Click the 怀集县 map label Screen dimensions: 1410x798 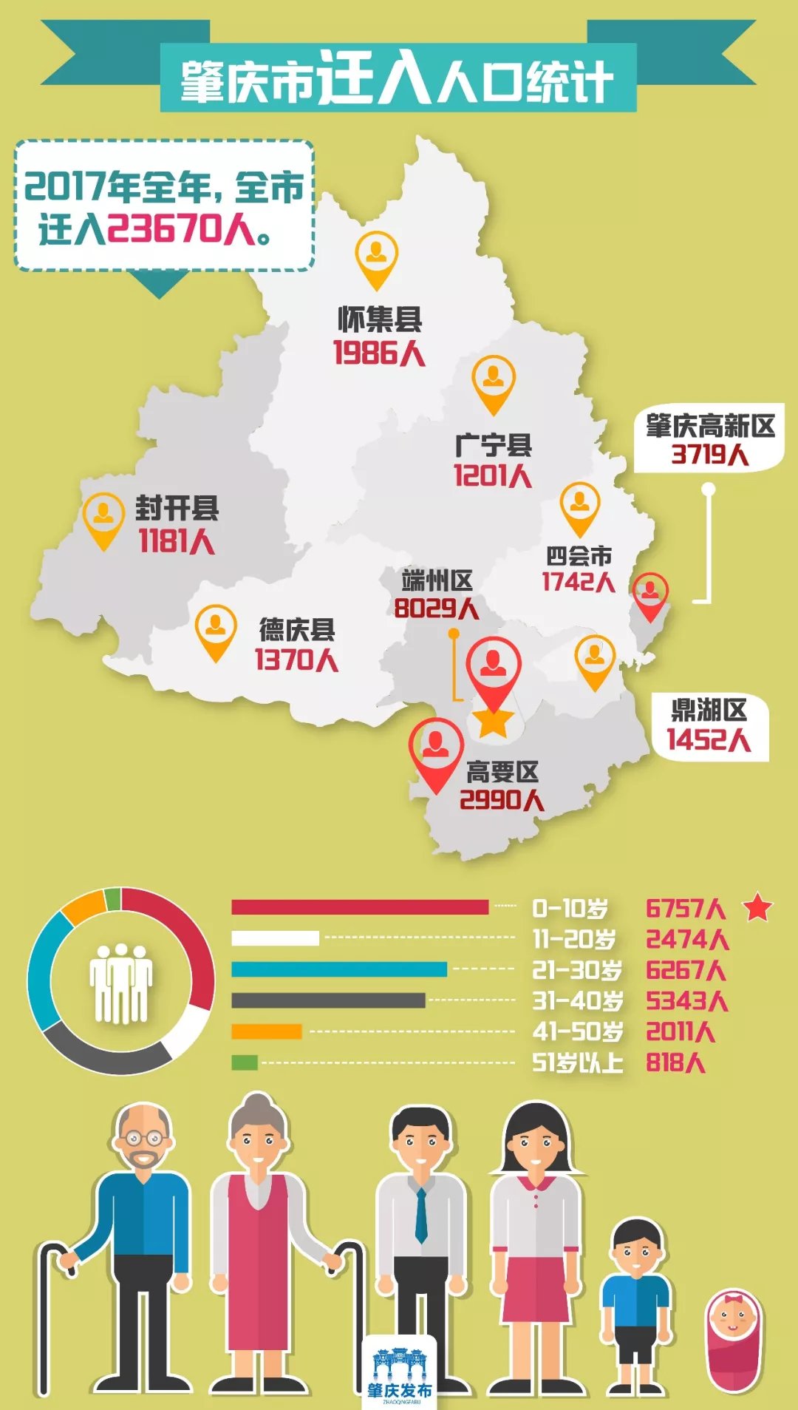(380, 319)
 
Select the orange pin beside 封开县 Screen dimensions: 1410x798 (103, 518)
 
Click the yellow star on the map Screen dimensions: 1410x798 (494, 721)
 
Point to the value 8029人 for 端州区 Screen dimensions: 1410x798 (436, 609)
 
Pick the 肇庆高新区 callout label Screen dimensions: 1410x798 (710, 426)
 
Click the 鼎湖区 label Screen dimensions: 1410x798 (709, 710)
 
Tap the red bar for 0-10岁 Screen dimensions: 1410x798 (360, 907)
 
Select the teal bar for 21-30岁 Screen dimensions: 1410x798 (339, 969)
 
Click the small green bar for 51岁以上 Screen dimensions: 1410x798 (245, 1062)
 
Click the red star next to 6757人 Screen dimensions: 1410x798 (757, 907)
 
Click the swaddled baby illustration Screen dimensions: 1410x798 (733, 1340)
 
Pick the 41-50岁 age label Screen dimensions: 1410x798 (578, 1032)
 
